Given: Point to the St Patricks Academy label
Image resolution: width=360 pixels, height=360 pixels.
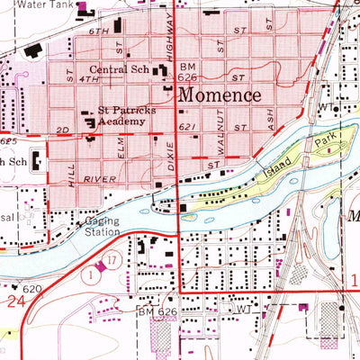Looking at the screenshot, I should (121, 116).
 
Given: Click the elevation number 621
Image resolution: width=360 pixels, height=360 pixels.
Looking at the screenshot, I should (186, 128).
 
